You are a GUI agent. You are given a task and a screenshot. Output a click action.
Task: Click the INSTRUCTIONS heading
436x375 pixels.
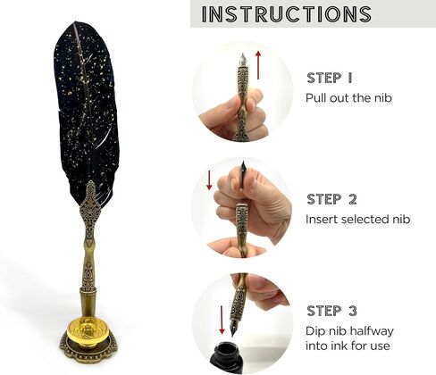pyautogui.click(x=287, y=14)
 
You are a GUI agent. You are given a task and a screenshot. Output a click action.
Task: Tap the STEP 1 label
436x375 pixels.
pyautogui.click(x=330, y=78)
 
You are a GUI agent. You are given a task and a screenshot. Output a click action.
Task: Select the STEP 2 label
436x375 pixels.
pyautogui.click(x=331, y=199)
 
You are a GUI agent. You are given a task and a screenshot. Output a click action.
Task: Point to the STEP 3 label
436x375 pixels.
pyautogui.click(x=331, y=311)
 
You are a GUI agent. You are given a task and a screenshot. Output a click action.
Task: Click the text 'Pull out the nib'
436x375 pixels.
pyautogui.click(x=348, y=98)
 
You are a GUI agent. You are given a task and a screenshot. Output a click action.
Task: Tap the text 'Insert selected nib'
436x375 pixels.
pyautogui.click(x=358, y=220)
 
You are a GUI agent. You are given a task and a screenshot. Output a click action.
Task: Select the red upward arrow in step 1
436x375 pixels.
pyautogui.click(x=258, y=65)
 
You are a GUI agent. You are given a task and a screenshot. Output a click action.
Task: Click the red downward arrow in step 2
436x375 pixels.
pyautogui.click(x=209, y=180)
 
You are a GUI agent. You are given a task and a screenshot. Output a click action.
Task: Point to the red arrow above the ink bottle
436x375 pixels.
pyautogui.click(x=222, y=320)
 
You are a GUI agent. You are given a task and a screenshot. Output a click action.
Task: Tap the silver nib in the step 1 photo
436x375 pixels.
pyautogui.click(x=243, y=60)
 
